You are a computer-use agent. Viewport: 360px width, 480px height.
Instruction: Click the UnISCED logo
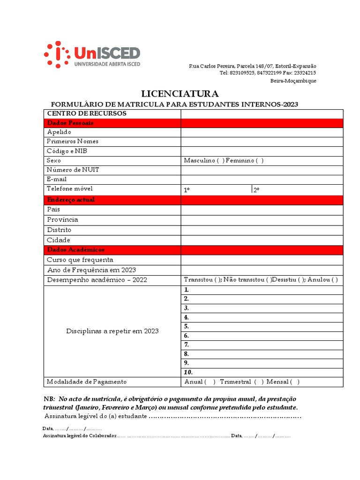coord(92,54)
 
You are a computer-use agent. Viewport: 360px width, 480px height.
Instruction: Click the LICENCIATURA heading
coord(180,94)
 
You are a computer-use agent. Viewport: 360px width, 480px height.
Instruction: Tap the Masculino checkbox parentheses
coord(220,161)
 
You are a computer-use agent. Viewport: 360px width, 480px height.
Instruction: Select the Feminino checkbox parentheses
coord(260,161)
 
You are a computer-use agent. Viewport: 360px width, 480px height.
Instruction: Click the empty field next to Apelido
coord(262,132)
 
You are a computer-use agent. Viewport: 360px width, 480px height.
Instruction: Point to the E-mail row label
coord(57,179)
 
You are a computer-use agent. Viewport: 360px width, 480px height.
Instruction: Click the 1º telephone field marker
coord(187,190)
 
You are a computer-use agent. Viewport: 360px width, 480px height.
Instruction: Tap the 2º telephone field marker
coord(256,190)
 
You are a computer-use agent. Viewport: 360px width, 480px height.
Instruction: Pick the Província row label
coord(62,219)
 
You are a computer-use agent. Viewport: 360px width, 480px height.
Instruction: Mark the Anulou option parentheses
coord(334,280)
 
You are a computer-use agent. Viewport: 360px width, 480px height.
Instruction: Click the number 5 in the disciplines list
coord(187,326)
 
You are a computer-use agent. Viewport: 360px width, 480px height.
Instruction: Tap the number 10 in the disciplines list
coord(188,372)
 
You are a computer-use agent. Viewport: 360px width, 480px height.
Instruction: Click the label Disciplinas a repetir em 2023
coord(112,331)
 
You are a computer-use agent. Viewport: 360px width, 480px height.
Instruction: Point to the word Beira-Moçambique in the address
coord(293,81)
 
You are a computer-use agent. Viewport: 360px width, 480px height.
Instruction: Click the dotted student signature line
coord(225,417)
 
